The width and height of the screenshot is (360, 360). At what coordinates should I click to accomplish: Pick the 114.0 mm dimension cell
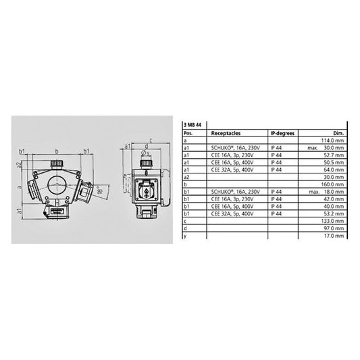(334, 140)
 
